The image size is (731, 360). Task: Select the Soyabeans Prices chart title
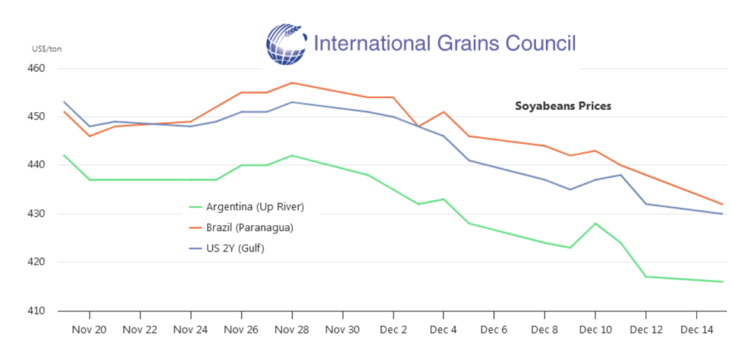[x=563, y=106]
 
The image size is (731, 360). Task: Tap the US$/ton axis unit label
[x=46, y=49]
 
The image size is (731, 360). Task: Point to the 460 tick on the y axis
[x=36, y=69]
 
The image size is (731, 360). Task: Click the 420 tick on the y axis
[x=36, y=262]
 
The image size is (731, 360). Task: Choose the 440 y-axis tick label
[x=36, y=165]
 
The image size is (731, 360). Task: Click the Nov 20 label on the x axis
[x=90, y=330]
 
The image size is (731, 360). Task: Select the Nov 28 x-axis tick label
[x=292, y=330]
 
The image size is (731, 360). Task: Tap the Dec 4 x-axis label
[x=443, y=330]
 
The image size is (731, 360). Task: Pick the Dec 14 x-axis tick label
[x=696, y=330]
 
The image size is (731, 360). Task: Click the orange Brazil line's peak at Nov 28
[x=292, y=83]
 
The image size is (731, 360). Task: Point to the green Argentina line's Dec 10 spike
[x=595, y=223]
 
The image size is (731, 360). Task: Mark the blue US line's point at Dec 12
[x=646, y=204]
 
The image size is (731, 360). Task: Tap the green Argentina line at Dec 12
[x=646, y=276]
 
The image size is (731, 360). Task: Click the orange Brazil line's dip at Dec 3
[x=418, y=126]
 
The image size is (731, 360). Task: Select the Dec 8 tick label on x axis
[x=545, y=330]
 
